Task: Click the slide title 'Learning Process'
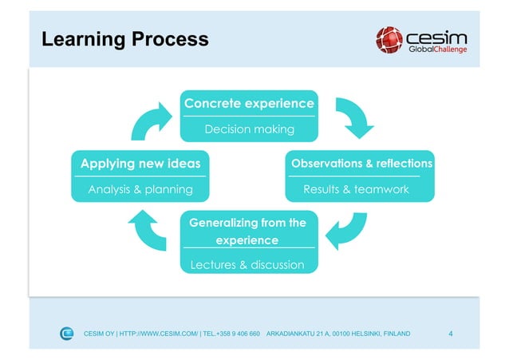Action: (124, 38)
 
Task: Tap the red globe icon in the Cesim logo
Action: (390, 38)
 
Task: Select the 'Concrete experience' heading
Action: (249, 104)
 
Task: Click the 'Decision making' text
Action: (249, 129)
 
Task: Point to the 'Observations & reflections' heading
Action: (361, 164)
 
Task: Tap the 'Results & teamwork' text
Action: (356, 189)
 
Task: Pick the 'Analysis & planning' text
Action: (140, 189)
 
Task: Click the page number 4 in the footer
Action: (452, 333)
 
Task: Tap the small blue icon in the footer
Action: (67, 333)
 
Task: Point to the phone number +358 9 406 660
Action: (237, 334)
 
